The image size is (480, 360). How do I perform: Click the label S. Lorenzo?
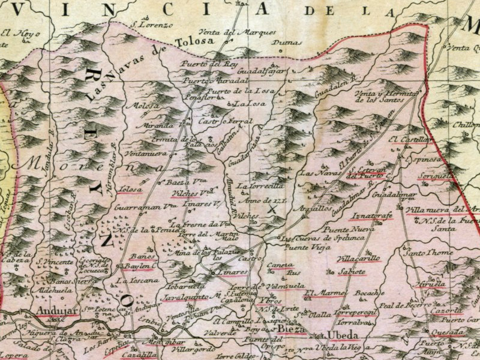[x=152, y=25]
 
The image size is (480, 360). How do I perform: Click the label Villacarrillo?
[x=359, y=259]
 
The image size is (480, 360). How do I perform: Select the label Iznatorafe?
[x=373, y=215]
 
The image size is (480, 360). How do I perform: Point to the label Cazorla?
[x=446, y=311]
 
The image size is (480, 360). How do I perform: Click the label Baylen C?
[x=138, y=266]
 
